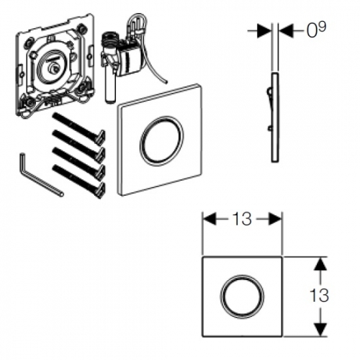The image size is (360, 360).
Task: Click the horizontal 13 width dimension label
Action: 242,219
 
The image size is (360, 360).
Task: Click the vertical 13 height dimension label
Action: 319,295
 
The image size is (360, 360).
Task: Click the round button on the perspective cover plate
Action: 161,141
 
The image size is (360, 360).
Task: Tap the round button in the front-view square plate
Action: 242,296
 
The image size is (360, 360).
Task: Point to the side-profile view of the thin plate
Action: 274,117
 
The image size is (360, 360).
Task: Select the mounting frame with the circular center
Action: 55,66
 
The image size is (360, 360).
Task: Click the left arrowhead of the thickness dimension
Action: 264,31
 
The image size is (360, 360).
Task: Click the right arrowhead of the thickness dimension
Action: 287,31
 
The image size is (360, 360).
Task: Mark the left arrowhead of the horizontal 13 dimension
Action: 210,219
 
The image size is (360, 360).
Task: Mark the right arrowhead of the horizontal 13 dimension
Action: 274,219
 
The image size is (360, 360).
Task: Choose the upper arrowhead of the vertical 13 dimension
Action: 320,264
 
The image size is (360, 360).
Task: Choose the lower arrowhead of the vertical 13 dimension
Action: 320,330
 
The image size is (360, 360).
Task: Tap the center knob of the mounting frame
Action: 53,69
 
